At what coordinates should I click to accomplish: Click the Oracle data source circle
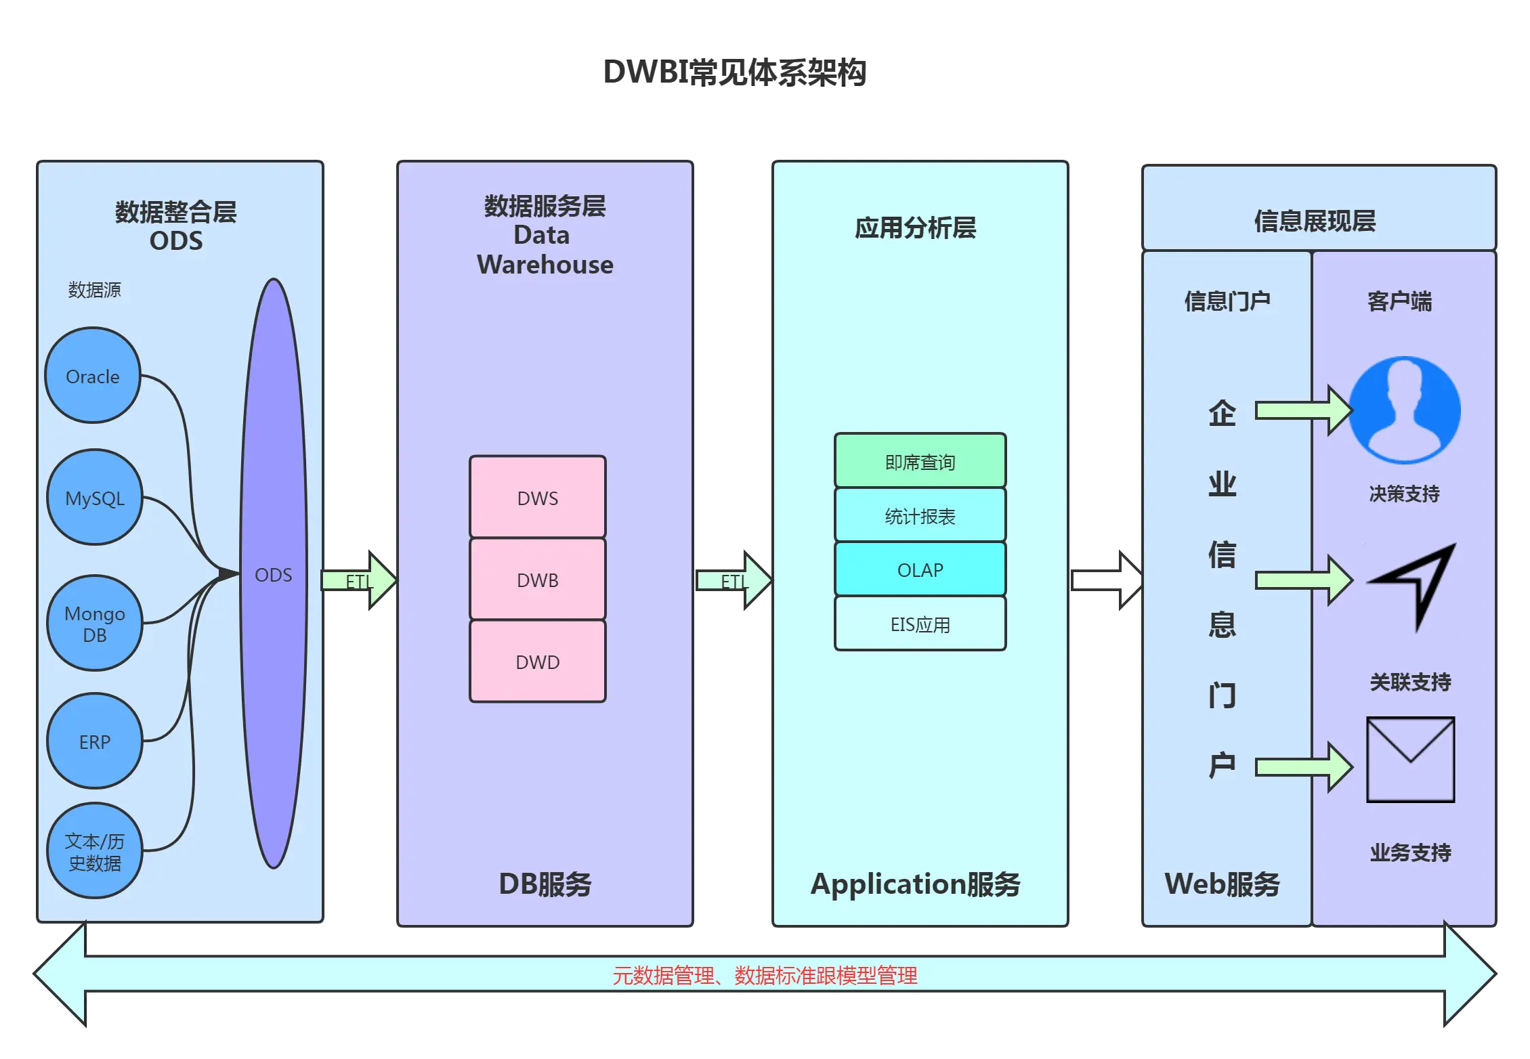pyautogui.click(x=93, y=376)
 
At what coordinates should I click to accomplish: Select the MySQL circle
pyautogui.click(x=95, y=498)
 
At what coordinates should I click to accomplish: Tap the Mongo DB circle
pyautogui.click(x=95, y=623)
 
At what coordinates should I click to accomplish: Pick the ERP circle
pyautogui.click(x=95, y=741)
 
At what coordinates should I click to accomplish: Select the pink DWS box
pyautogui.click(x=538, y=498)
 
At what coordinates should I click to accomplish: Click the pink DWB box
pyautogui.click(x=538, y=580)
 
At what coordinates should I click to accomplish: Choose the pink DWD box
pyautogui.click(x=538, y=662)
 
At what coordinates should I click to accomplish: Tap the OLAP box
pyautogui.click(x=920, y=569)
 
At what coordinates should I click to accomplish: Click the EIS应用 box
pyautogui.click(x=920, y=624)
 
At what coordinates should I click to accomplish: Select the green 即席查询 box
pyautogui.click(x=920, y=461)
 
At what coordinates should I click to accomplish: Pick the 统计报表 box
pyautogui.click(x=920, y=515)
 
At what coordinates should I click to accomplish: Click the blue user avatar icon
pyautogui.click(x=1405, y=410)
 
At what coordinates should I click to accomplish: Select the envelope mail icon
pyautogui.click(x=1410, y=759)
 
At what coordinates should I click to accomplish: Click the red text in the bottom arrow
pyautogui.click(x=765, y=976)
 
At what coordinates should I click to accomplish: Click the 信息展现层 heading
pyautogui.click(x=1315, y=221)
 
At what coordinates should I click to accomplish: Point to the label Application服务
pyautogui.click(x=915, y=884)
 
